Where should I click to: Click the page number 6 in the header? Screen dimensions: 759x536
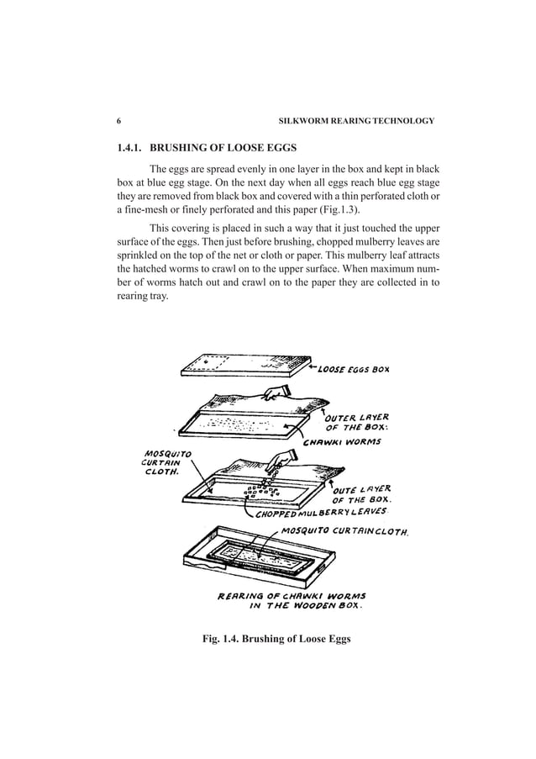118,121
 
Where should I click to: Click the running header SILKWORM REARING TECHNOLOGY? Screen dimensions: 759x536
361,121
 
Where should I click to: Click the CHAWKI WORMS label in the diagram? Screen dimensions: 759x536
342,442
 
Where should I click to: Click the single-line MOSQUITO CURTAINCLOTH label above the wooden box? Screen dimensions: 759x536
344,532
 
